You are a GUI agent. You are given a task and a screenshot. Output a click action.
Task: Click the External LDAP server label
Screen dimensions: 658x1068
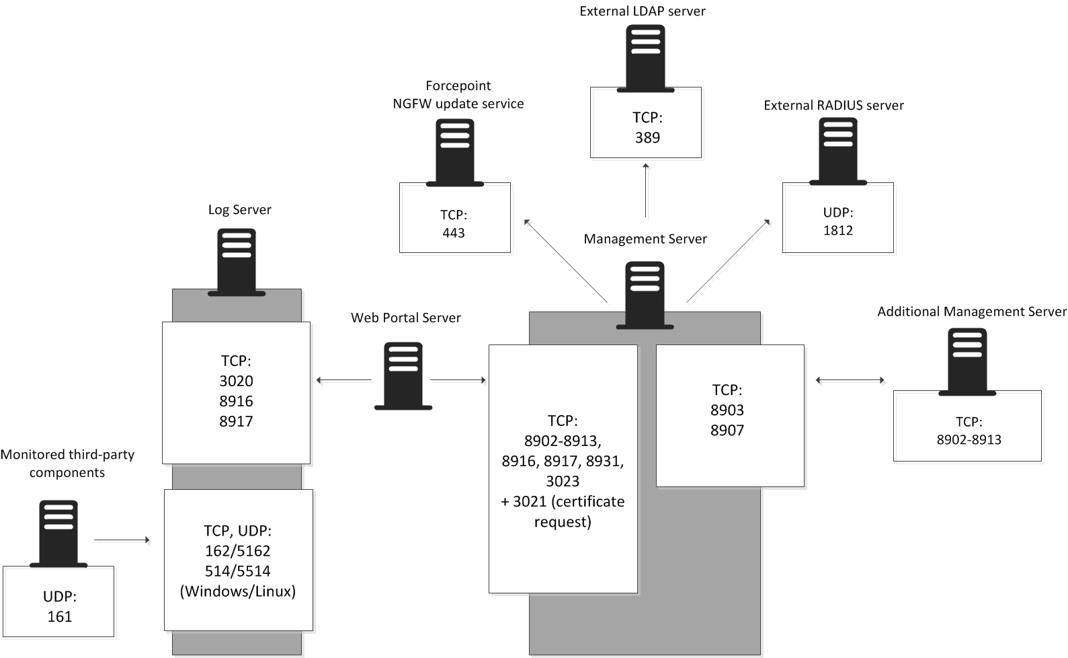coord(642,11)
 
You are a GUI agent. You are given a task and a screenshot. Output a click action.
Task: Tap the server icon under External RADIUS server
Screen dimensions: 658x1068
coord(837,151)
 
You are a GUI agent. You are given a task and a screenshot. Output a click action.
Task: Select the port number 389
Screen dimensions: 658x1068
coord(647,137)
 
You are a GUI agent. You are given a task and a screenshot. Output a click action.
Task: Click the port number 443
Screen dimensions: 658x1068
coord(454,233)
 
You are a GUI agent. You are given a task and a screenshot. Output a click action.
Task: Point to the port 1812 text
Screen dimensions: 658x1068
coord(837,230)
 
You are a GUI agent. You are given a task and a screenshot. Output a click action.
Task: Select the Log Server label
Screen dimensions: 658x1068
coord(239,209)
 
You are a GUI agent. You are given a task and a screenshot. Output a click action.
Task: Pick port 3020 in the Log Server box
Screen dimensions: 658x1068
coord(236,381)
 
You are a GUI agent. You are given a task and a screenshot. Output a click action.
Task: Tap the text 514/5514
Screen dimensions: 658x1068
coord(237,571)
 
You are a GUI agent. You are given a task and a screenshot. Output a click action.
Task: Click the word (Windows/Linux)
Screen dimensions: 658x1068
coord(238,591)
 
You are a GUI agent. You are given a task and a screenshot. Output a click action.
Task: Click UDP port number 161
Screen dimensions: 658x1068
coord(59,616)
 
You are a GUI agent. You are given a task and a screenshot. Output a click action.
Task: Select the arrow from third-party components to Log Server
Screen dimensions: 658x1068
coord(122,540)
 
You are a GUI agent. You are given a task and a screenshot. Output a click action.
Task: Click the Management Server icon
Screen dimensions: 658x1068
coord(645,295)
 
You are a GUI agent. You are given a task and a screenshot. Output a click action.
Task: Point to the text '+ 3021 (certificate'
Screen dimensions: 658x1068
coord(563,501)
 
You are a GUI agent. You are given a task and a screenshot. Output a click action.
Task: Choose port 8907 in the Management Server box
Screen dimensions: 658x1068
coord(727,430)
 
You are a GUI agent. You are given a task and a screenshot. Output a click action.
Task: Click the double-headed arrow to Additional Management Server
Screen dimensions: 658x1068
coord(850,380)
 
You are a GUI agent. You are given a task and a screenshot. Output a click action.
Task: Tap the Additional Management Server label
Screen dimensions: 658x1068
coord(971,312)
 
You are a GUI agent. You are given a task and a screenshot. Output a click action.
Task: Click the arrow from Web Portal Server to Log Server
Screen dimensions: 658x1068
coord(343,381)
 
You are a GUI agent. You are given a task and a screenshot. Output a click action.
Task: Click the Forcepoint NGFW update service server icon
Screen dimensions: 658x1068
coord(454,153)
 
